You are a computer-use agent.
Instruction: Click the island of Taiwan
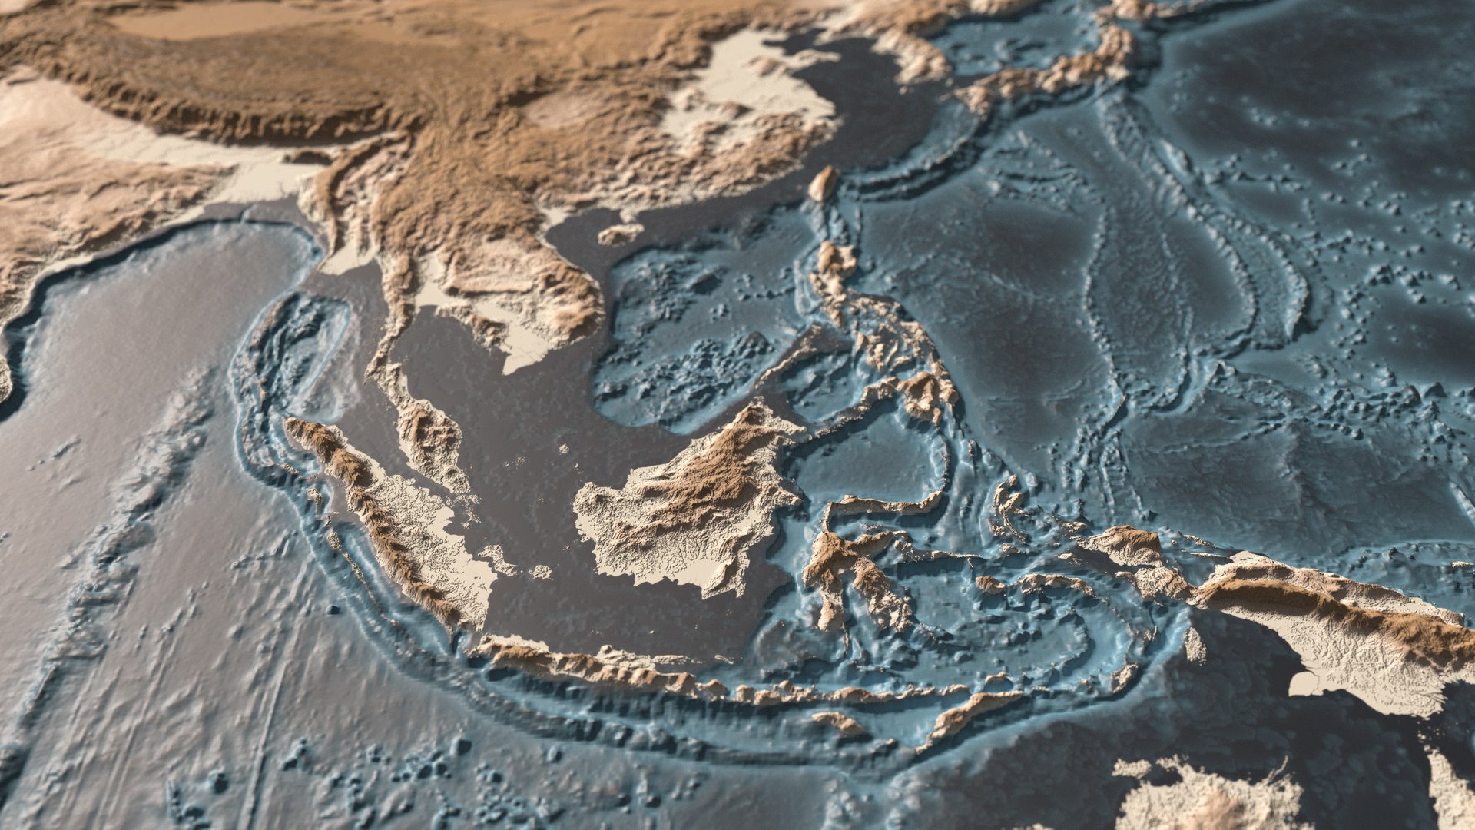coord(824,183)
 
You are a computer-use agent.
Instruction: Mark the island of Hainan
coord(619,233)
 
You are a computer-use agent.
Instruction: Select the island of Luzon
coord(834,269)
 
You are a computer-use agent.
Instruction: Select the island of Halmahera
coord(1006,500)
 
